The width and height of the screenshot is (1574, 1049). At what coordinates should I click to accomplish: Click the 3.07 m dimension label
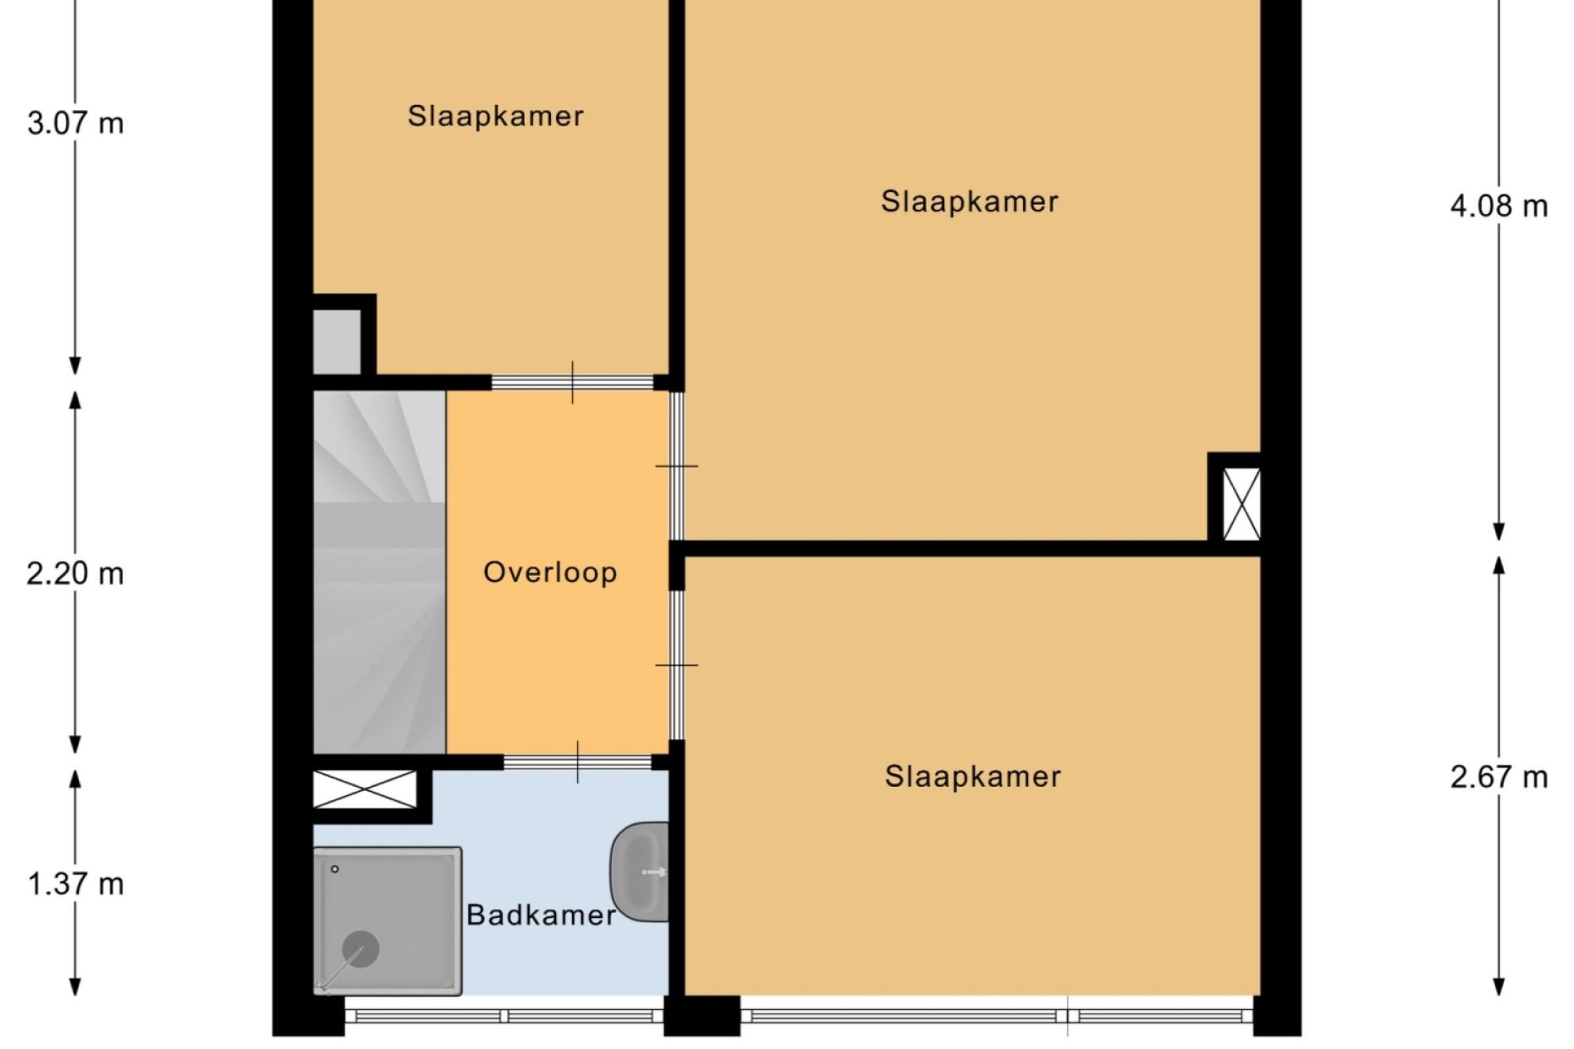coord(75,124)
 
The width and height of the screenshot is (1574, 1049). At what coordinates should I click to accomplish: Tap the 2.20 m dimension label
coord(75,574)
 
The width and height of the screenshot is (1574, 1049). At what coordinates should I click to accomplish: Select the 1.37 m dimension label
coord(75,884)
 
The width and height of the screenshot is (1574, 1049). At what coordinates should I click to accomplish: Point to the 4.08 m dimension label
coord(1499,206)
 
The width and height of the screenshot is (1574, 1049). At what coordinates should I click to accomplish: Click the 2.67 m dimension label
coord(1499,777)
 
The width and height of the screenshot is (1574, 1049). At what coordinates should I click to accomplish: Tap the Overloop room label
coord(550,573)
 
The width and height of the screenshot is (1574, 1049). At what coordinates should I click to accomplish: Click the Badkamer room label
coord(541,914)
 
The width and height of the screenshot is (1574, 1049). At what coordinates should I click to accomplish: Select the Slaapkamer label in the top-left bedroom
coord(496,116)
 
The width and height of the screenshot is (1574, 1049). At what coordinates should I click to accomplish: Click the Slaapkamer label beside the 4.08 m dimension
coord(970,201)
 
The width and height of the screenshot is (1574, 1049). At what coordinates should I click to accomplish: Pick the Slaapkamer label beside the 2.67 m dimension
coord(973,777)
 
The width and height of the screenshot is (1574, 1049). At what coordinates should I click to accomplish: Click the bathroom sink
coord(640,871)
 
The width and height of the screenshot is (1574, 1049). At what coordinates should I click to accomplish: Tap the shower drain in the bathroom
coord(360,949)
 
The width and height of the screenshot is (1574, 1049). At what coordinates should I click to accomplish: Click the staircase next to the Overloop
coord(380,572)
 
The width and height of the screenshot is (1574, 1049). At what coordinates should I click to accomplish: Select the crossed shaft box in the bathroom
coord(366,789)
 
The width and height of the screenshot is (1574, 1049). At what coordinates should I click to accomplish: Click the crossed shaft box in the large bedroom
coord(1241,504)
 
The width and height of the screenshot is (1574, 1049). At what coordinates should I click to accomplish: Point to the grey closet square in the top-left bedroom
coord(338,342)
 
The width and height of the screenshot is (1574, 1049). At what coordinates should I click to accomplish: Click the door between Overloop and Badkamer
coord(578,762)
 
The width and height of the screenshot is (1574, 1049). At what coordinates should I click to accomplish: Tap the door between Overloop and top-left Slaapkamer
coord(573,382)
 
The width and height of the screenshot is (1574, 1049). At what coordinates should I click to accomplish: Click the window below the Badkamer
coord(504,1016)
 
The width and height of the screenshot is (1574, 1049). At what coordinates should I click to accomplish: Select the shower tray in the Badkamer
coord(388,921)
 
